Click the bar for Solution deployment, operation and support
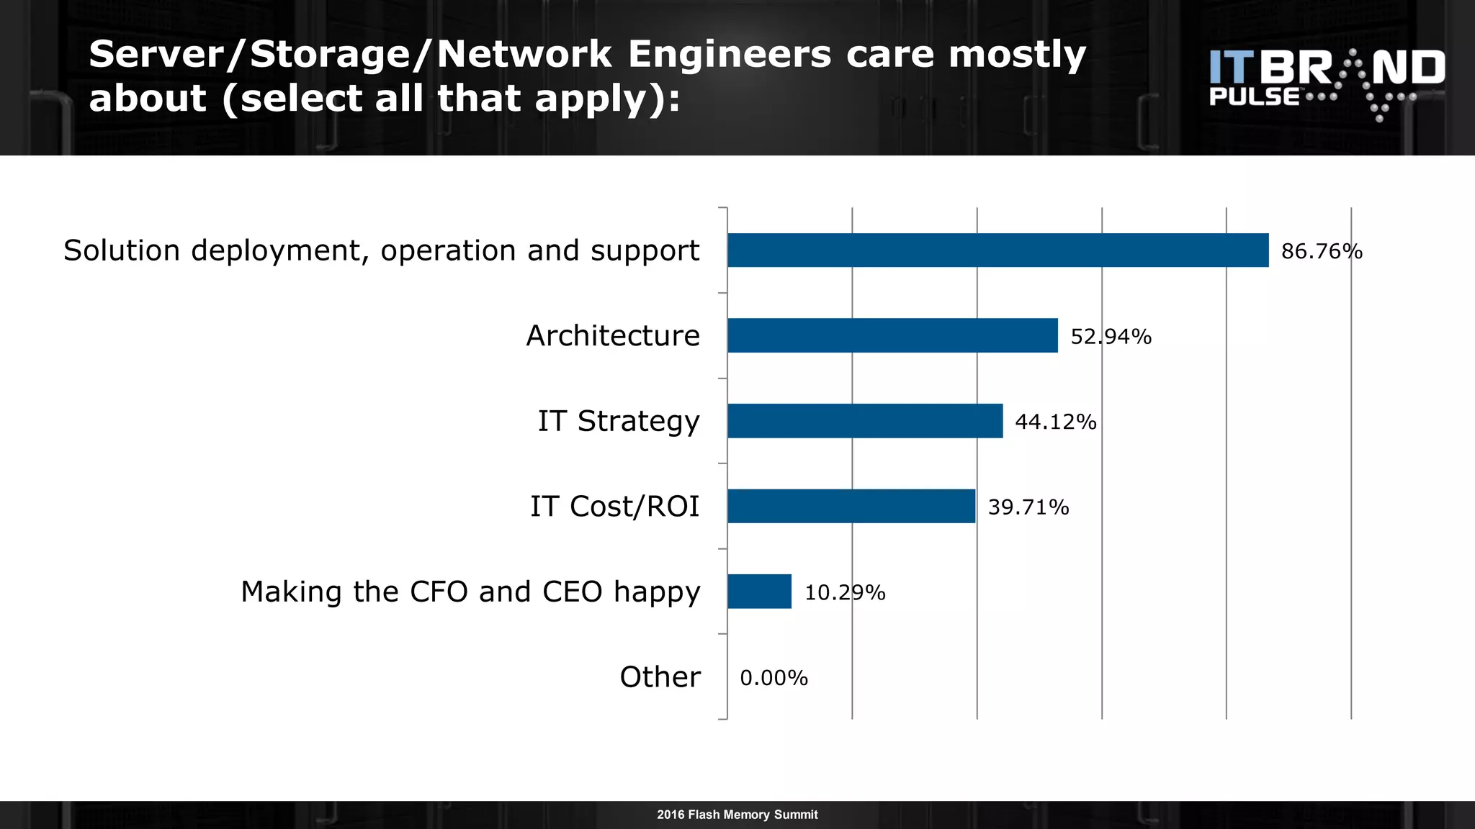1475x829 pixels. click(997, 250)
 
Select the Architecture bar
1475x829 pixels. click(892, 335)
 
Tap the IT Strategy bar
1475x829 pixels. click(864, 421)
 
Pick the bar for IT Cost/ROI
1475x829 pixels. click(851, 506)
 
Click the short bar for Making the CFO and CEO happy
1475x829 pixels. click(759, 592)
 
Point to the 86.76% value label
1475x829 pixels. click(1322, 251)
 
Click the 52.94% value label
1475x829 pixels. click(1111, 336)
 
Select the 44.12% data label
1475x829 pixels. click(1055, 422)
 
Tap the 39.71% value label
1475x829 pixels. click(1028, 507)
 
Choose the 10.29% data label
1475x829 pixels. click(844, 592)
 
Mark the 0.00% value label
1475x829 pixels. click(774, 678)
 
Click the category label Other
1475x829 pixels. click(660, 677)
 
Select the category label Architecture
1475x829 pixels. click(612, 336)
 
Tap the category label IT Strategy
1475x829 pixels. click(618, 422)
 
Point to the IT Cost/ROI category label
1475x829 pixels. click(614, 507)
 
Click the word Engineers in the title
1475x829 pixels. click(729, 55)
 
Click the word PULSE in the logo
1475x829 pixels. click(1254, 96)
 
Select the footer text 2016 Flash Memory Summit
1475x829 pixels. click(737, 815)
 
